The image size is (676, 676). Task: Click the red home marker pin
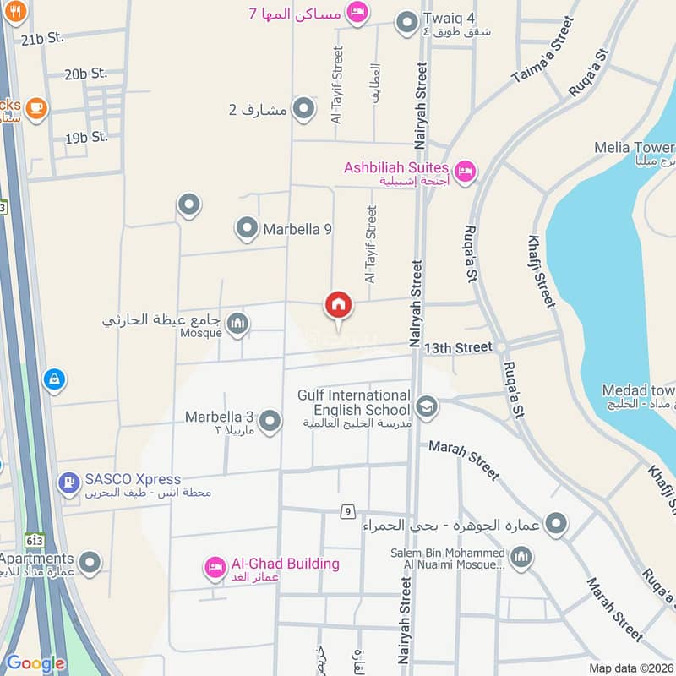339,305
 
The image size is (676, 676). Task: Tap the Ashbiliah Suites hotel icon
464,172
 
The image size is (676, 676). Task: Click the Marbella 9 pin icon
247,227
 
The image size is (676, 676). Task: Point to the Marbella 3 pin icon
270,420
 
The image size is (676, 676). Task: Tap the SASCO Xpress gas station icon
68,484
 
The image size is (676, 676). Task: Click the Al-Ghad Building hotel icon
215,568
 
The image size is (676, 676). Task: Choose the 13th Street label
458,347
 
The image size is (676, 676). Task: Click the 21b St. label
43,39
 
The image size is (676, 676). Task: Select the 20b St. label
86,74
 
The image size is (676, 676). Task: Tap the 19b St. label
87,136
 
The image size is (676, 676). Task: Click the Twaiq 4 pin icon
408,23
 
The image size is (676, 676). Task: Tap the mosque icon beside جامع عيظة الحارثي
238,323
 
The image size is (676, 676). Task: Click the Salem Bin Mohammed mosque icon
522,557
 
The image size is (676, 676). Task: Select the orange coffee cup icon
36,107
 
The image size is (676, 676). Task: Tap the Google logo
35,663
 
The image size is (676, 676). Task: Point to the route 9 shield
347,510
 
